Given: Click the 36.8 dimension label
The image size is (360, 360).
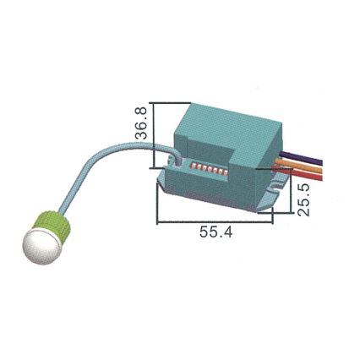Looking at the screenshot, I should coord(143,123).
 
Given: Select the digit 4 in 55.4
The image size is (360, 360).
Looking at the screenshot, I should coord(229,232).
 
